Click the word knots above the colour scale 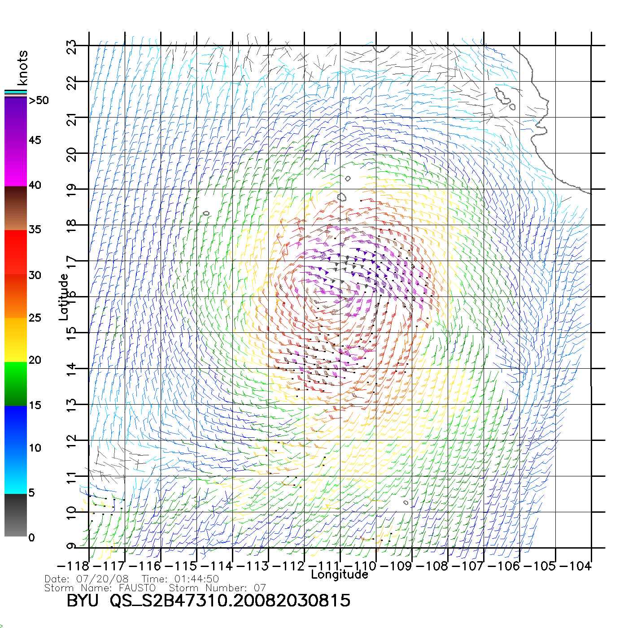(22, 68)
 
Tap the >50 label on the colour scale (39, 100)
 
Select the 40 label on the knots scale (35, 185)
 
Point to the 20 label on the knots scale (35, 360)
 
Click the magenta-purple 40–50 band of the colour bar (16, 141)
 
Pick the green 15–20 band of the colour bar (16, 384)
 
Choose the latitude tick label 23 (72, 47)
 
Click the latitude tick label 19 (72, 190)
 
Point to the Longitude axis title (340, 575)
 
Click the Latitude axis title (64, 297)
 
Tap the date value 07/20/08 (102, 579)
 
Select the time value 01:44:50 (196, 579)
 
